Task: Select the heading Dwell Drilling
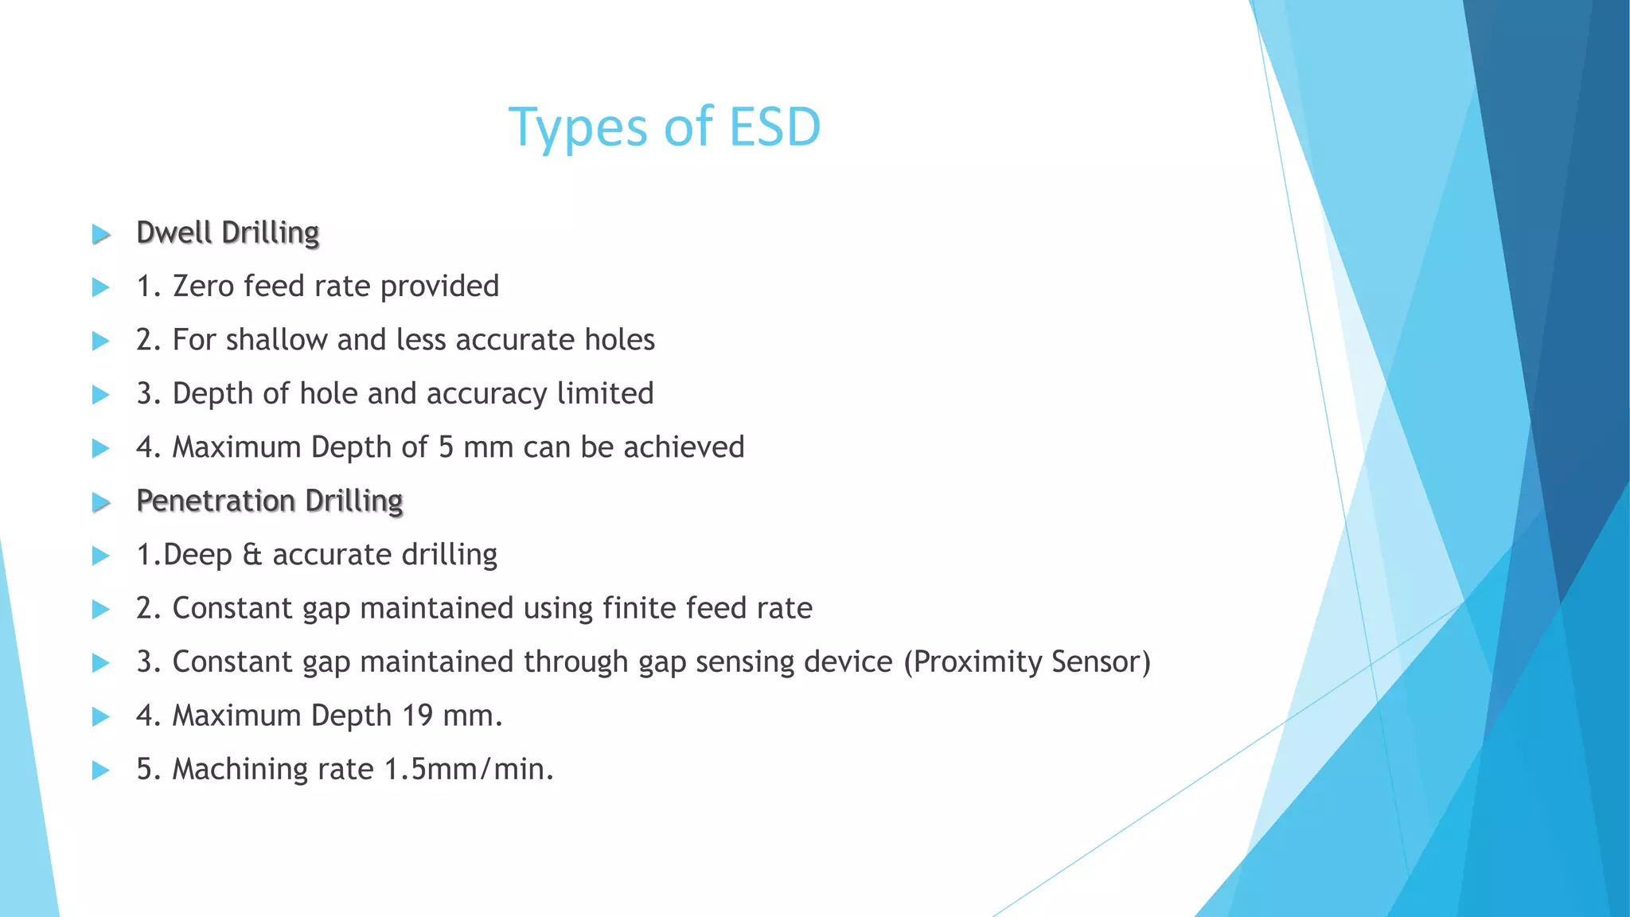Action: (x=228, y=232)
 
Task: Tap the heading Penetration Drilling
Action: (x=270, y=501)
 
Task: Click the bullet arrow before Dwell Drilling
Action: (x=100, y=234)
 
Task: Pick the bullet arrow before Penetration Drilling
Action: (x=100, y=502)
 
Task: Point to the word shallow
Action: (x=276, y=340)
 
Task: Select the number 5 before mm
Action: (x=446, y=447)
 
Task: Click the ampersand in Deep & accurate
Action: (x=252, y=555)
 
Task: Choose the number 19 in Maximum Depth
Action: (x=417, y=716)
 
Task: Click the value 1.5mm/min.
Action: (x=469, y=770)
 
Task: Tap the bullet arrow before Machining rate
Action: (x=100, y=771)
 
